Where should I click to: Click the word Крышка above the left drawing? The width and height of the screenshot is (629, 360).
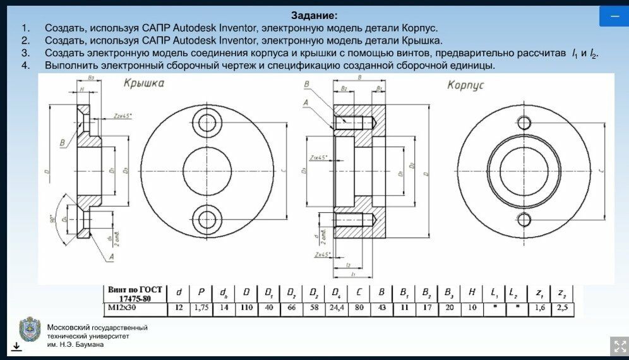point(144,83)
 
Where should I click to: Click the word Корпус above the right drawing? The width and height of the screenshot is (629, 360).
point(465,85)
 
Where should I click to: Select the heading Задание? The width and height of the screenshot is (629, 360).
point(314,15)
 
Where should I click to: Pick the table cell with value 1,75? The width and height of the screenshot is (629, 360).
point(201,309)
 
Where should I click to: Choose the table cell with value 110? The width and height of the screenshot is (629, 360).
point(246,309)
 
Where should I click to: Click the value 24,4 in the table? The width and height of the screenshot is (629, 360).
point(335,309)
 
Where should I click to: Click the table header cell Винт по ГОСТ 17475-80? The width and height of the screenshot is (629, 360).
point(135,294)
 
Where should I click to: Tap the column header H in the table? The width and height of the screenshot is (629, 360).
point(470,292)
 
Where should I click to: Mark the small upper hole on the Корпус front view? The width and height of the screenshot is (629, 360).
point(524,123)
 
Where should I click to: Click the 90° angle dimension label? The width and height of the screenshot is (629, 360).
point(52,219)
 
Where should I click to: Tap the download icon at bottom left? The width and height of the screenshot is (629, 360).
point(16,346)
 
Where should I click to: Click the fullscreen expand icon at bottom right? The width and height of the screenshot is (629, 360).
point(618,346)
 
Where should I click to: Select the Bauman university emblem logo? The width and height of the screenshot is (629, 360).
point(30,330)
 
